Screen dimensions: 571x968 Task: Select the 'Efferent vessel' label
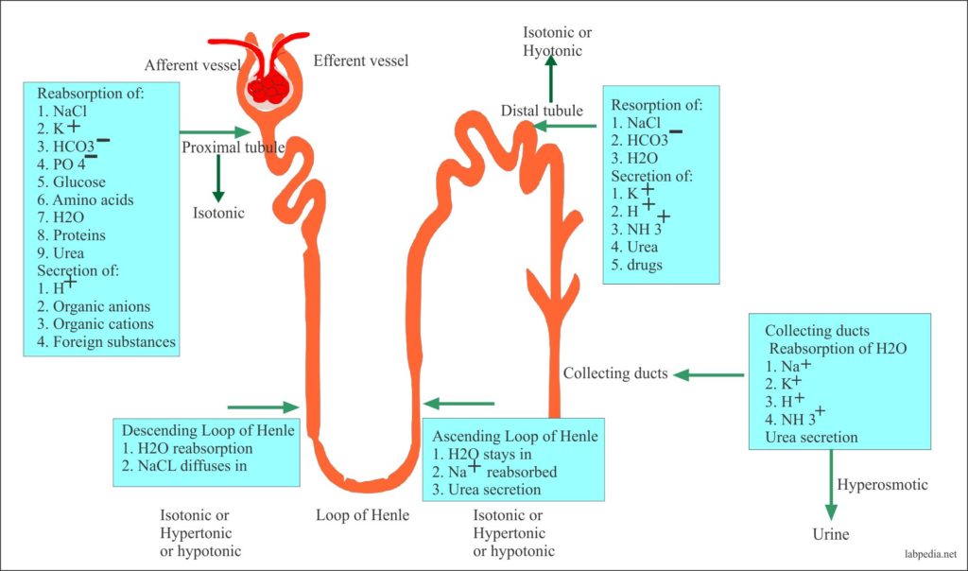[x=360, y=61]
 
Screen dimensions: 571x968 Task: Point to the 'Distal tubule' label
[x=542, y=111]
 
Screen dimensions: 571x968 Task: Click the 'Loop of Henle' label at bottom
[x=363, y=515]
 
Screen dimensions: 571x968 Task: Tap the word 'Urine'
[x=831, y=534]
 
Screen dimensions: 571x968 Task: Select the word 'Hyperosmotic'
[x=883, y=485]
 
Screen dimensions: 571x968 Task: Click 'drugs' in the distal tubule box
[x=645, y=265]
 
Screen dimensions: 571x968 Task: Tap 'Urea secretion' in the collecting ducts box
[x=811, y=438]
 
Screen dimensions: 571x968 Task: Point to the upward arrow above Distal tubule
[x=549, y=80]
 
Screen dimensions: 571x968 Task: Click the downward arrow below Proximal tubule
[x=218, y=177]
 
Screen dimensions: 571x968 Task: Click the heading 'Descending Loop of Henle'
[x=208, y=430]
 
